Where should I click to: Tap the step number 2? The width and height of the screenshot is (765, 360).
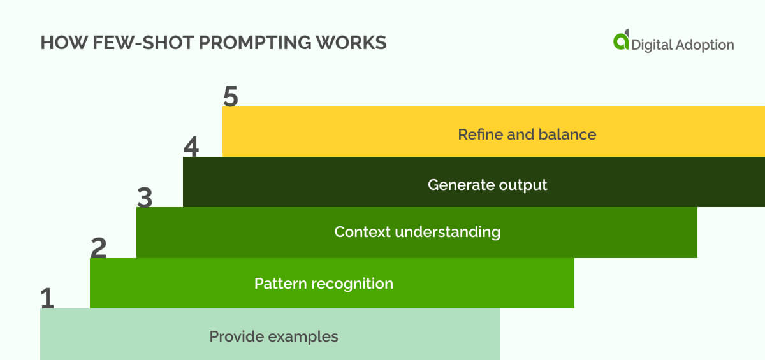[x=99, y=248]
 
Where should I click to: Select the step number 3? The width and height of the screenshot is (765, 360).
[x=145, y=198]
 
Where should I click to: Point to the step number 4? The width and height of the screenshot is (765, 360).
[x=191, y=148]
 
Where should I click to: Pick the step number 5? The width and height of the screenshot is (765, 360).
[x=231, y=97]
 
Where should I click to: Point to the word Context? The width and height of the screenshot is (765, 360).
[x=362, y=231]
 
